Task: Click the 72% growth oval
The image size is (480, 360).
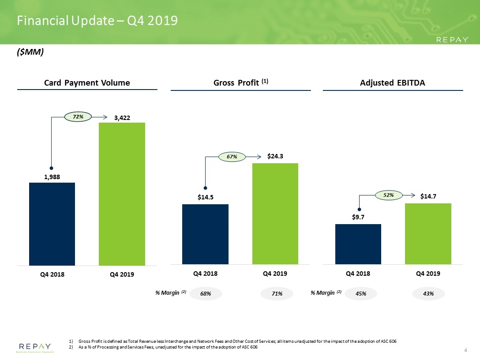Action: tap(78, 116)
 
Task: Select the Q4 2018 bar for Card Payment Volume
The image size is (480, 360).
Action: tap(52, 224)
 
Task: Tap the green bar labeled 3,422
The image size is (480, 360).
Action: tap(122, 194)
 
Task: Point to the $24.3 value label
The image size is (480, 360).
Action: tap(275, 156)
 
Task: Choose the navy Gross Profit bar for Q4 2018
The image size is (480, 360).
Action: tap(206, 234)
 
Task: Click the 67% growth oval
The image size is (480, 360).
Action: tap(232, 157)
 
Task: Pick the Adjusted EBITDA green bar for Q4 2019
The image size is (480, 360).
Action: tap(428, 233)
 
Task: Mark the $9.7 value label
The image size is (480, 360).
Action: tap(358, 217)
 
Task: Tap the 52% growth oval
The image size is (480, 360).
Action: tap(389, 195)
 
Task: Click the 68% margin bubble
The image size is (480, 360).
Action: tap(206, 293)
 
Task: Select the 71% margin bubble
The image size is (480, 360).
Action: tap(277, 293)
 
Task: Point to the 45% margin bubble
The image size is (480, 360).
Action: tap(361, 293)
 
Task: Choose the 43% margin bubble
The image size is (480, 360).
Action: tap(428, 293)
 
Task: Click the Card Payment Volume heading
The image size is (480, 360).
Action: tap(87, 82)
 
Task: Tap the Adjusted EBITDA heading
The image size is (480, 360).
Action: tap(393, 82)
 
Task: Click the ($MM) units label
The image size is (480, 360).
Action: tap(30, 52)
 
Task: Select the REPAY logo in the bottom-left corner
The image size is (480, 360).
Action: tap(35, 348)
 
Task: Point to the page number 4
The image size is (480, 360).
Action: tap(465, 350)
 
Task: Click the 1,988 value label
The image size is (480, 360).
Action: tap(52, 177)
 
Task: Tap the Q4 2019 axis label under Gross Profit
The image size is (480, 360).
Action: tap(275, 274)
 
